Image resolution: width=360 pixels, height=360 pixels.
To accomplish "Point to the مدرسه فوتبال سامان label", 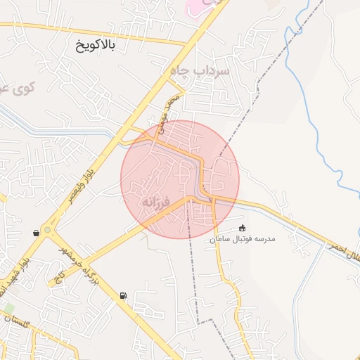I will point(242,240).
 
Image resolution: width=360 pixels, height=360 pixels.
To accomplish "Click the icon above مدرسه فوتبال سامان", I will point(243,228).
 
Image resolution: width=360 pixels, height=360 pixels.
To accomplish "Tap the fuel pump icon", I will point(124,295).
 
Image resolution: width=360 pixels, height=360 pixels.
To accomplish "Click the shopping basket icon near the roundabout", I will point(36,233).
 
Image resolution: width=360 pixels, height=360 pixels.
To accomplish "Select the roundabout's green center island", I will point(47,229).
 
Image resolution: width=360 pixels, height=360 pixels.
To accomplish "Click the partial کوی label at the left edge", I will point(15,89).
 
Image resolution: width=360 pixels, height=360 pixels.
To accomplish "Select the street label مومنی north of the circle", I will point(169,113).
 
